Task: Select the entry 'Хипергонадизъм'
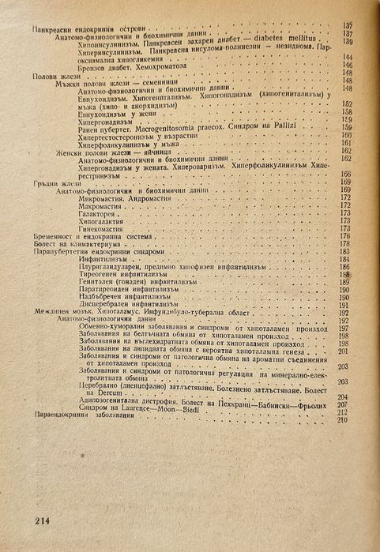(x=107, y=120)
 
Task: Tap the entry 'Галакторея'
(x=100, y=212)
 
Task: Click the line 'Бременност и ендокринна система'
(x=93, y=235)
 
